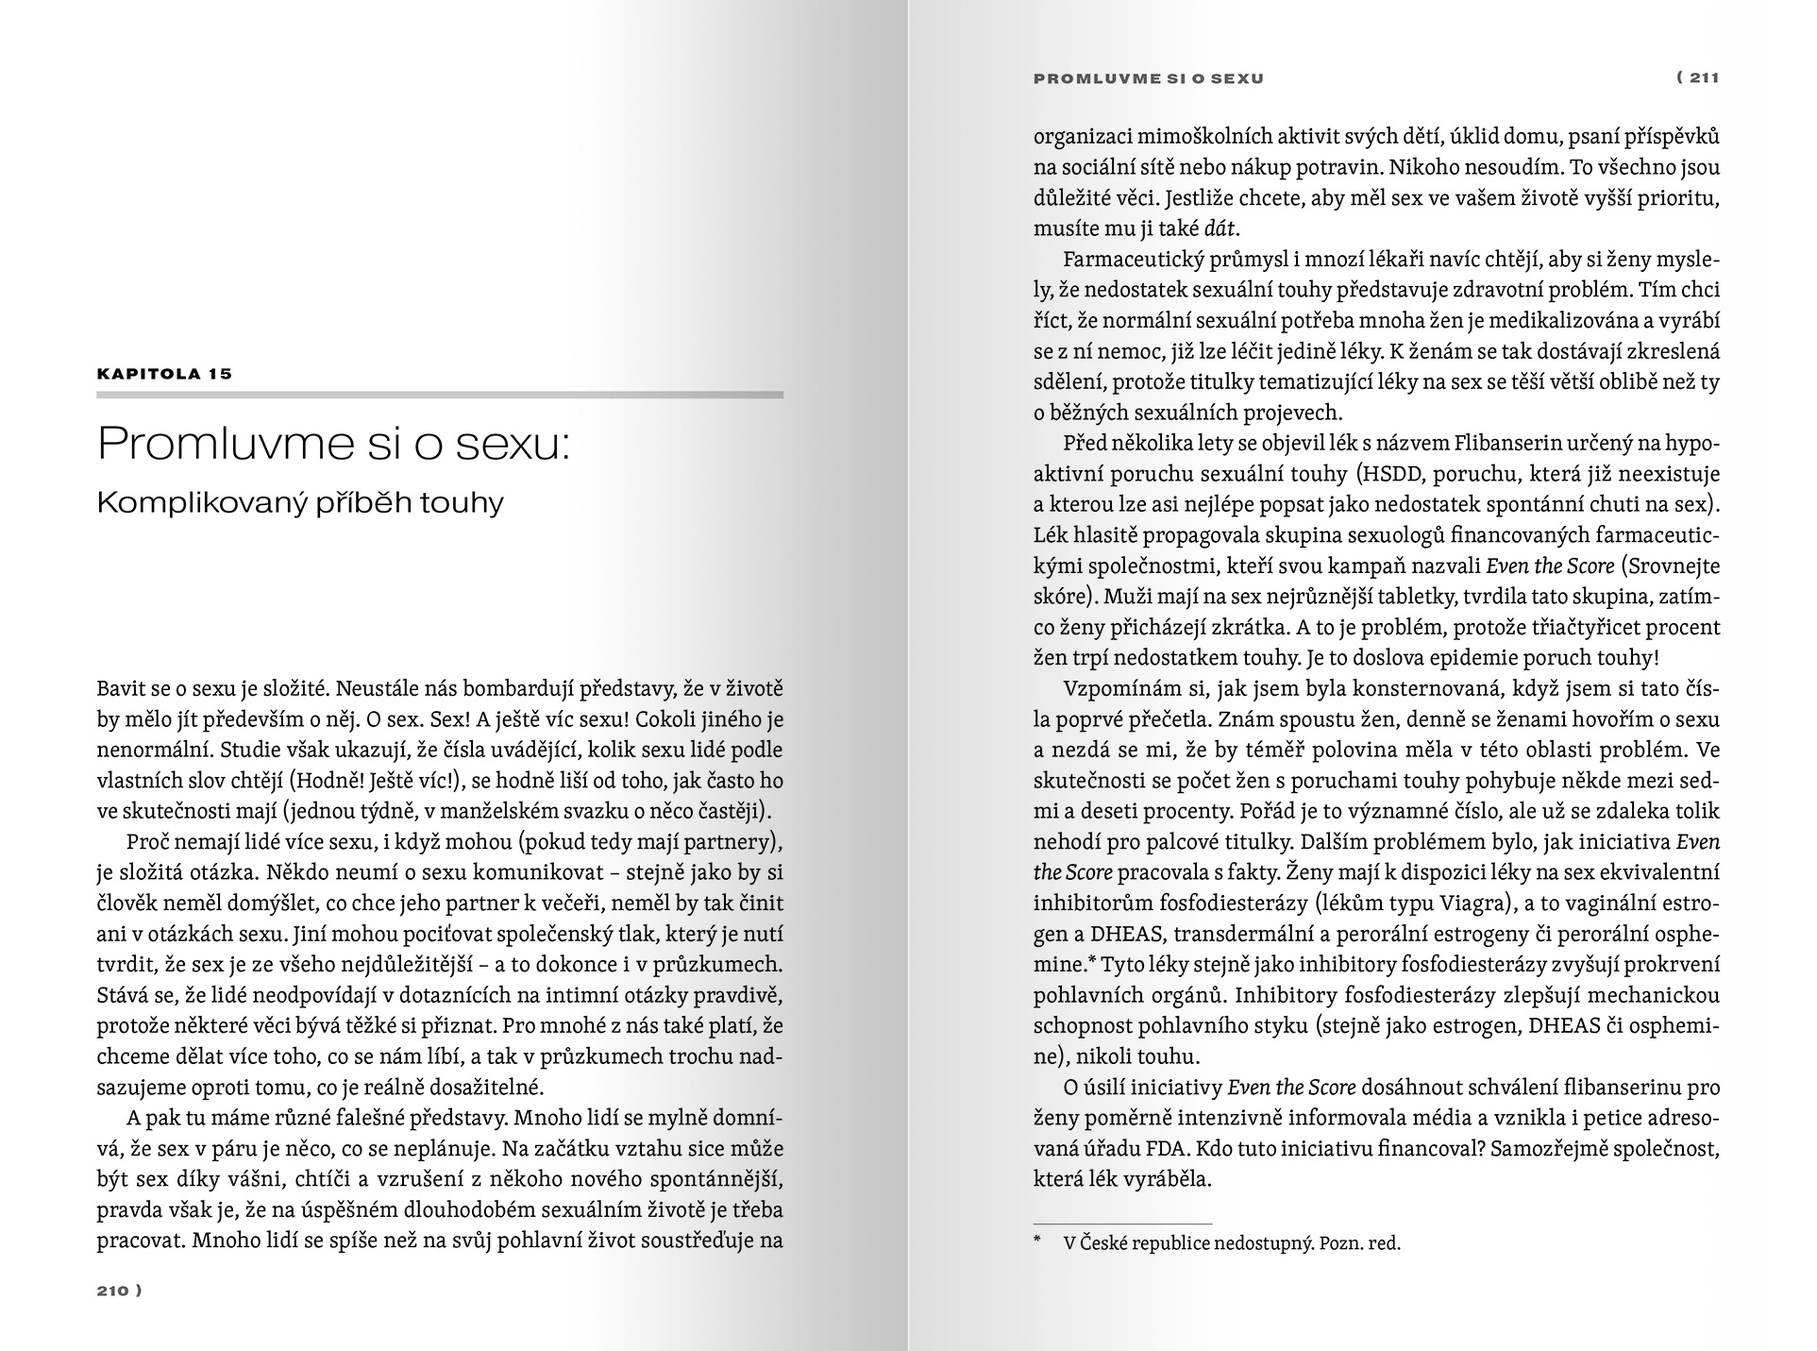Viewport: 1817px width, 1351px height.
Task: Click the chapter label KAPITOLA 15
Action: (x=164, y=374)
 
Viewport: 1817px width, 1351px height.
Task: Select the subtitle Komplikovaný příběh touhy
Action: (x=300, y=502)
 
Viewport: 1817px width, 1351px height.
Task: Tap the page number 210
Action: (x=113, y=1291)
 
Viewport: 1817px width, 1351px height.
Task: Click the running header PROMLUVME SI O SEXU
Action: (x=1149, y=78)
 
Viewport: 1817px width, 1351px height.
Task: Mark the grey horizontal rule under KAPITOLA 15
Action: (x=440, y=395)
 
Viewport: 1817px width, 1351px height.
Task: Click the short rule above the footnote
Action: (x=1122, y=1224)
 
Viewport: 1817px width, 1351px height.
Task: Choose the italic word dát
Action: (x=1220, y=228)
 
